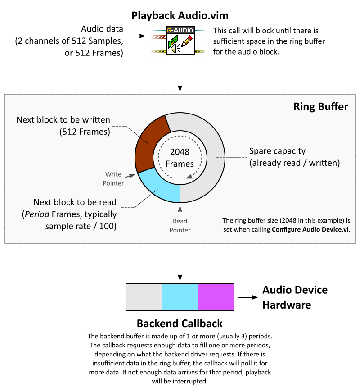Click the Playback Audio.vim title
(x=180, y=16)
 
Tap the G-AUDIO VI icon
(x=180, y=41)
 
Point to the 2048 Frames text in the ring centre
(x=180, y=158)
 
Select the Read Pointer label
(x=180, y=226)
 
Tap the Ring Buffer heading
(x=320, y=107)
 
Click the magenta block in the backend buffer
(x=216, y=297)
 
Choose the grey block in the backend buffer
(x=144, y=297)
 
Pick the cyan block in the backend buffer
(x=180, y=297)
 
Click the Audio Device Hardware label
(x=295, y=297)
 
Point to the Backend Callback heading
(x=180, y=324)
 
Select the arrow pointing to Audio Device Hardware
(x=247, y=298)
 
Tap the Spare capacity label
(x=295, y=157)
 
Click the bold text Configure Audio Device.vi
(x=310, y=229)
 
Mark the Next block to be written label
(x=63, y=126)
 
